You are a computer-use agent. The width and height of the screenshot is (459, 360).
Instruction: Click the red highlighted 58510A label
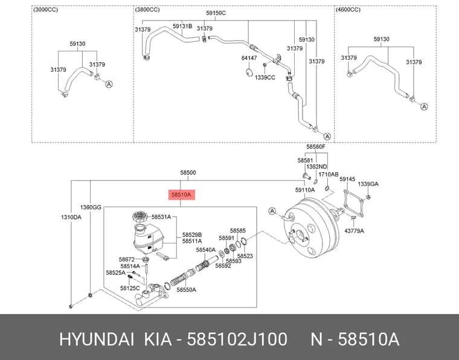pos(182,194)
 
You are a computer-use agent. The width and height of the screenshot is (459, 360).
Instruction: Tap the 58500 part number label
pos(188,173)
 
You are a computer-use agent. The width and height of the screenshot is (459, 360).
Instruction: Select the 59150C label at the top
pos(216,13)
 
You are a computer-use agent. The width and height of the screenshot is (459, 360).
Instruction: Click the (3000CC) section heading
pos(46,10)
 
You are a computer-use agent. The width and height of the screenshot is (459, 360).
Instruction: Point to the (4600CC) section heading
pos(348,10)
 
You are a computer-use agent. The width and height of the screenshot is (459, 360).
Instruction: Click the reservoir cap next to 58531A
pos(141,217)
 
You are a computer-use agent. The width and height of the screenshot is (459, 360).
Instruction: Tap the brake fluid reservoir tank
pos(149,239)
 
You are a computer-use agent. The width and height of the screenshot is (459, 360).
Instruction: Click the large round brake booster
pos(311,228)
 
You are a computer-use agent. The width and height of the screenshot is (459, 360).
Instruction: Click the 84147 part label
pos(249,58)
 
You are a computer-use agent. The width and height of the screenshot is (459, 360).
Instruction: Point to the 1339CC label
pos(265,77)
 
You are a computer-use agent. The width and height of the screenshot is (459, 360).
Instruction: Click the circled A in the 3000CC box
pos(109,85)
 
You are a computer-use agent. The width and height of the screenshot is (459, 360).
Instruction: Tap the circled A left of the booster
pos(272,211)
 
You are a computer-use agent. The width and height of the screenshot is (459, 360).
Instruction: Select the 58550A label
pos(187,290)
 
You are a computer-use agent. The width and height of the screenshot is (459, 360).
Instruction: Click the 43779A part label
pos(354,231)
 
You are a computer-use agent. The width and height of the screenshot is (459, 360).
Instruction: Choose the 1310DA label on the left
pos(71,217)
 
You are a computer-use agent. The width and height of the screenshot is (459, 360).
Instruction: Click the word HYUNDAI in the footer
pos(97,339)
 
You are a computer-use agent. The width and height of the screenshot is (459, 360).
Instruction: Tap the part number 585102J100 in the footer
pos(237,339)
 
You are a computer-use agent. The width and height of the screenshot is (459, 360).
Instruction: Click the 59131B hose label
pos(182,26)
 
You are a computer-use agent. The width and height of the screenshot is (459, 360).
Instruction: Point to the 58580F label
pos(316,146)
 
